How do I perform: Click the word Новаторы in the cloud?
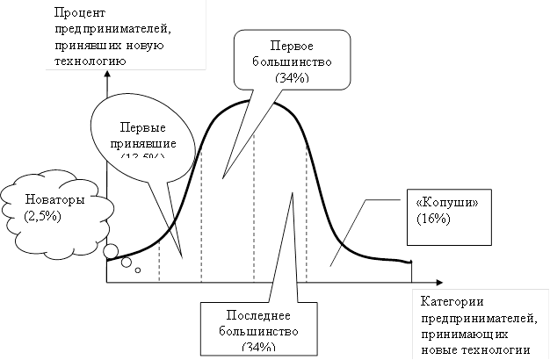click(x=55, y=200)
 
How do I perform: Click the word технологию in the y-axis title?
click(x=89, y=60)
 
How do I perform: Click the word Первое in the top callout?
click(x=293, y=46)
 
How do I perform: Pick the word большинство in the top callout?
click(x=293, y=62)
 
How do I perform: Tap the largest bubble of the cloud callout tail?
click(x=111, y=253)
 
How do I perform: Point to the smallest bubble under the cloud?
click(x=138, y=270)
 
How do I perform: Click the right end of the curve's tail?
click(x=410, y=262)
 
